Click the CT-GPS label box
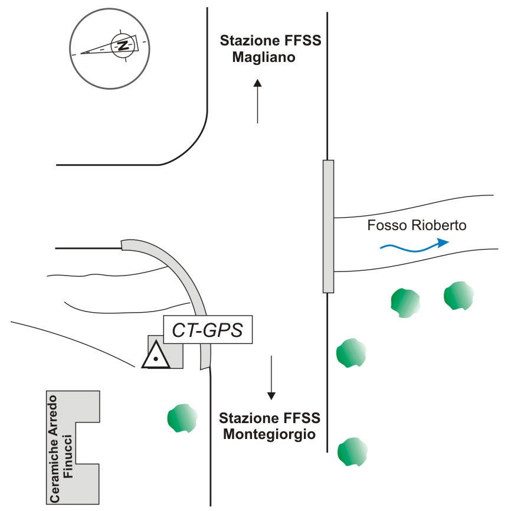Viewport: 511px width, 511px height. tap(207, 330)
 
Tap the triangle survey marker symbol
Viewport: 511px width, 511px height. tap(156, 355)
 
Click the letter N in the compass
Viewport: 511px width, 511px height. tap(123, 46)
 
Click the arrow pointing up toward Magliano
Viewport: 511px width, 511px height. tap(258, 101)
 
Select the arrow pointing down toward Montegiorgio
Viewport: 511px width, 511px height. tap(271, 377)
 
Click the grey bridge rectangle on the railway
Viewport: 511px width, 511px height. tap(328, 226)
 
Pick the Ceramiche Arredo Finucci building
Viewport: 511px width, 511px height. tap(72, 447)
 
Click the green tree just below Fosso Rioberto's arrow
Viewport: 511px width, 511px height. tap(406, 300)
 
